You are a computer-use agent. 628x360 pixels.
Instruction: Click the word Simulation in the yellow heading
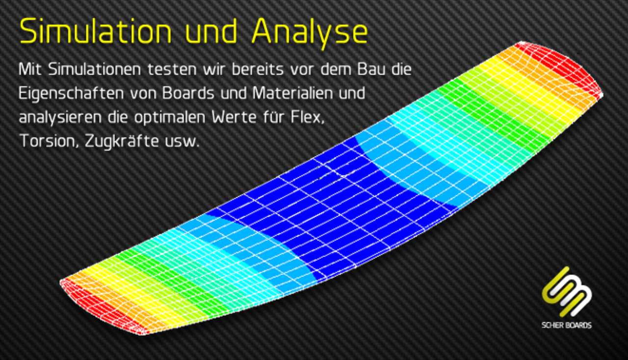click(x=95, y=31)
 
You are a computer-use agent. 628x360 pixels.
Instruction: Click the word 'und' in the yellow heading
click(x=211, y=31)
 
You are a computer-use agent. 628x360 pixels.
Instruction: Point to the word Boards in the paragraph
click(x=188, y=93)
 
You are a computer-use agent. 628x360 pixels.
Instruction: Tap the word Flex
click(x=308, y=117)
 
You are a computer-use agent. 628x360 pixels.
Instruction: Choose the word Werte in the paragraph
click(x=234, y=117)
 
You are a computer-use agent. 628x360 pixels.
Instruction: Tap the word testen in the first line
click(x=172, y=70)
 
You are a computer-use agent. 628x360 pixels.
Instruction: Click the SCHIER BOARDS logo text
click(x=567, y=325)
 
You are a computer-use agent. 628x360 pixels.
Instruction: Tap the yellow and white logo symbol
click(x=566, y=292)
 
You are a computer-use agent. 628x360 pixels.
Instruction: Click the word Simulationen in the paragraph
click(x=94, y=69)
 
